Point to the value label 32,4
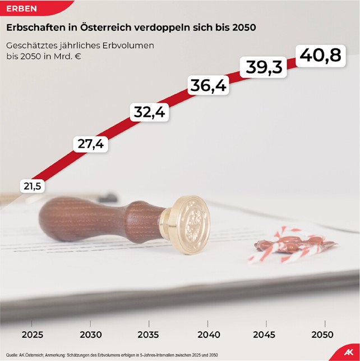point(149,112)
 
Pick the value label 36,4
point(208,86)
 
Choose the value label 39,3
point(264,67)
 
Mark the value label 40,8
point(320,56)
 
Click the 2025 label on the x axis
point(33,335)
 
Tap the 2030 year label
point(91,335)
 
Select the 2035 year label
point(149,335)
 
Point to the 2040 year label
point(207,335)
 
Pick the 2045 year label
point(264,335)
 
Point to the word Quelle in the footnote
point(12,355)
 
